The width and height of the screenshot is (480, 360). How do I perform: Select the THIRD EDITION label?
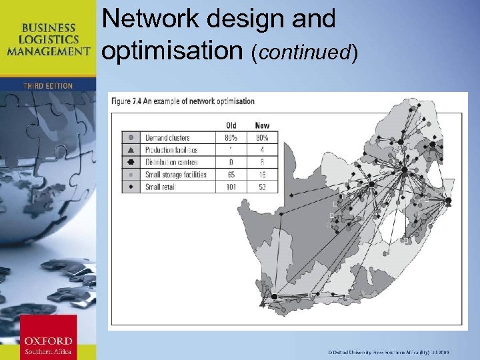[x=47, y=86]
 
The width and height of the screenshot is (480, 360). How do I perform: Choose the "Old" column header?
[x=231, y=125]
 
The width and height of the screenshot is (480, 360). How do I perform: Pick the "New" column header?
[x=262, y=125]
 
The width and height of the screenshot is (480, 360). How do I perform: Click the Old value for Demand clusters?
[x=231, y=138]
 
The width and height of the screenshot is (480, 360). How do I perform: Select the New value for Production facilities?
[x=262, y=150]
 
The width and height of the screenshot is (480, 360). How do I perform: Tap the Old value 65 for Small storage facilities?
[x=231, y=175]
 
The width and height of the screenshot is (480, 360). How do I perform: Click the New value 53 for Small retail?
[x=262, y=187]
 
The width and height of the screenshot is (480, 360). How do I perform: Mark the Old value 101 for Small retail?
[x=231, y=187]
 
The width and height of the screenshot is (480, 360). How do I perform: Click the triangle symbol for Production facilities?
[x=131, y=150]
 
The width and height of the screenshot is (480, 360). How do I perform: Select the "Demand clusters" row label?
[x=167, y=138]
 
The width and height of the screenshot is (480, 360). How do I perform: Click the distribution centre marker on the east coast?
[x=448, y=201]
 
